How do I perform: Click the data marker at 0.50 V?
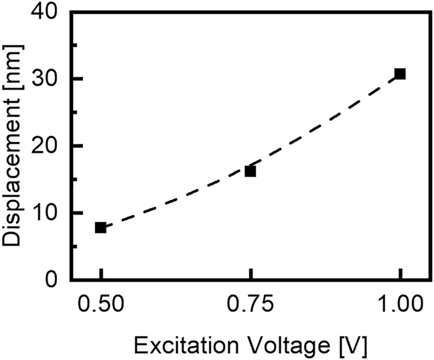(x=100, y=228)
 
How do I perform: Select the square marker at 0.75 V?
(x=250, y=171)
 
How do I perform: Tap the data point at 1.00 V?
(x=400, y=74)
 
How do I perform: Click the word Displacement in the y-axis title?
(x=15, y=167)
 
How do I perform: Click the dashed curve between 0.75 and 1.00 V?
(x=328, y=126)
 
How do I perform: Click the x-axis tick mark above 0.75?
(x=250, y=274)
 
